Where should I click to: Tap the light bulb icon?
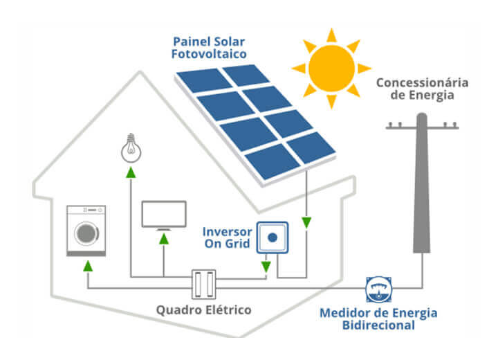[x=129, y=145]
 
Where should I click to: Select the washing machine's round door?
[x=86, y=232]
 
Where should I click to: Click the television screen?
[x=164, y=213]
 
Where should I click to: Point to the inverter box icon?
[x=272, y=237]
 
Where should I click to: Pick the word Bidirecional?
[x=378, y=325]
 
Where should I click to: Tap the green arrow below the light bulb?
[x=129, y=173]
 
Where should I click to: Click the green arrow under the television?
[x=164, y=239]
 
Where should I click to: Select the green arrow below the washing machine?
[x=87, y=265]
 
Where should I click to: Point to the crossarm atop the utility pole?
[x=421, y=127]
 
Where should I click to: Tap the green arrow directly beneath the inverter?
[x=266, y=265]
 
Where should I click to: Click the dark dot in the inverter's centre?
[x=272, y=237]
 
